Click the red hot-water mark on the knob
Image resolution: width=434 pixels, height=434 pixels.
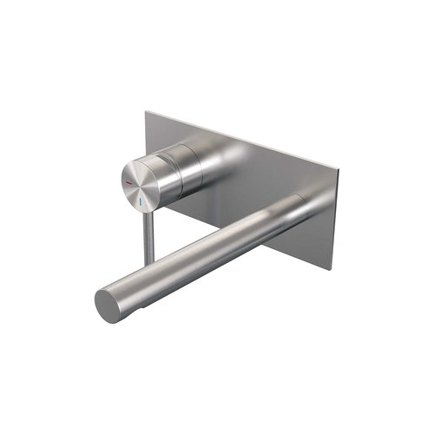click(x=132, y=185)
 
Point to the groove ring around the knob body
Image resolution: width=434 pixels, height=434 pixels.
click(x=177, y=166)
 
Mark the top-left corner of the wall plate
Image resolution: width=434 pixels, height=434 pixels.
click(x=146, y=110)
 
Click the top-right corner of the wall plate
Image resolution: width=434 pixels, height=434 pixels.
click(x=332, y=162)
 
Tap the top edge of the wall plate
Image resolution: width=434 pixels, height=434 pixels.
click(x=239, y=136)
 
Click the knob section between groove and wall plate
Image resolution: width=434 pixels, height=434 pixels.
click(x=190, y=162)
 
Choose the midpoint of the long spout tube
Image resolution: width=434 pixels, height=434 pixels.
click(x=204, y=251)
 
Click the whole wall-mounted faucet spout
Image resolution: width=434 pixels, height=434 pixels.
click(x=204, y=251)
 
